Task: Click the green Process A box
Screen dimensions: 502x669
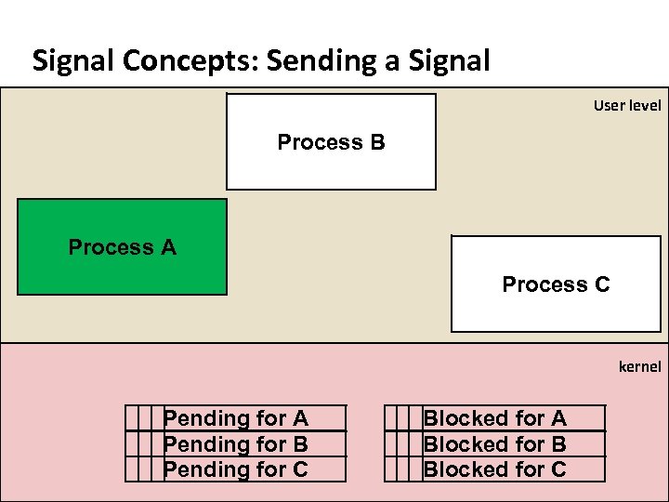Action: tap(122, 247)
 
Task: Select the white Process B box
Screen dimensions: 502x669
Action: tap(331, 142)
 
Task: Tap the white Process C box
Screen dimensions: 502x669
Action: tap(556, 284)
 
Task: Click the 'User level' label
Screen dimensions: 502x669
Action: tap(627, 106)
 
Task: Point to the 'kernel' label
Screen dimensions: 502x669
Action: tap(639, 367)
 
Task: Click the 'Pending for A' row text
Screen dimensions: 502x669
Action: tap(235, 419)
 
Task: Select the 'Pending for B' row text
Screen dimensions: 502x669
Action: tap(235, 444)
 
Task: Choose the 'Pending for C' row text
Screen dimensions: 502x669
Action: tap(235, 469)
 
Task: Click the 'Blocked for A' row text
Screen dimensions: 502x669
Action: tap(494, 419)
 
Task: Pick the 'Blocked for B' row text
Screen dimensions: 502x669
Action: tap(494, 444)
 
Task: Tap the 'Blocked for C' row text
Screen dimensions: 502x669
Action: tap(494, 469)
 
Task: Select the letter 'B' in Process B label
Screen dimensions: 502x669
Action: tap(376, 142)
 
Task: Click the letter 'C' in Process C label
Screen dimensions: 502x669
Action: tap(601, 284)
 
